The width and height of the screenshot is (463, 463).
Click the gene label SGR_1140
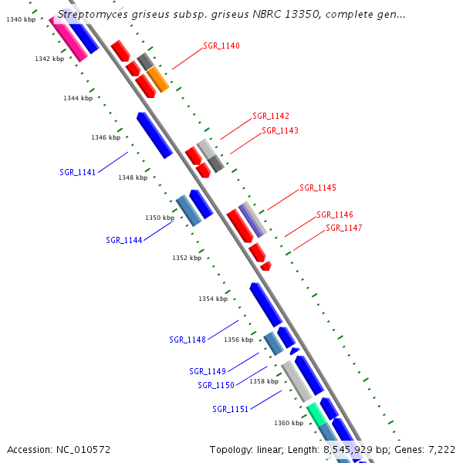pyautogui.click(x=221, y=46)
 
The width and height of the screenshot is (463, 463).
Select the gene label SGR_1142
pyautogui.click(x=271, y=116)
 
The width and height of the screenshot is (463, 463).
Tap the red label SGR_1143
pyautogui.click(x=280, y=130)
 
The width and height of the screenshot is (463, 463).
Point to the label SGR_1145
pyautogui.click(x=318, y=188)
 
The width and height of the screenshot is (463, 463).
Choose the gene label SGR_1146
pyautogui.click(x=335, y=215)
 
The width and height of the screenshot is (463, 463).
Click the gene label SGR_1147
pyautogui.click(x=344, y=228)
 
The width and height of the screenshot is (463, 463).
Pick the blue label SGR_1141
pyautogui.click(x=78, y=172)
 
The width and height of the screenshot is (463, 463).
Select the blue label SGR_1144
pyautogui.click(x=124, y=240)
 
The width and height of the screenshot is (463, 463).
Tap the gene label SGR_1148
pyautogui.click(x=188, y=340)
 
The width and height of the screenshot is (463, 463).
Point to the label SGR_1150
pyautogui.click(x=216, y=385)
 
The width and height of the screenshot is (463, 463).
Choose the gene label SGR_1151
pyautogui.click(x=231, y=409)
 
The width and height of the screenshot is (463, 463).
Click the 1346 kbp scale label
pyautogui.click(x=106, y=137)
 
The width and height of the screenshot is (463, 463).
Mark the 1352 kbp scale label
pyautogui.click(x=187, y=258)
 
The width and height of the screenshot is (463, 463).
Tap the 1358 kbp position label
pyautogui.click(x=264, y=381)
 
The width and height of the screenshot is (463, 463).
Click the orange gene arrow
pyautogui.click(x=158, y=78)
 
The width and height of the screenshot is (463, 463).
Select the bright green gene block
pyautogui.click(x=315, y=414)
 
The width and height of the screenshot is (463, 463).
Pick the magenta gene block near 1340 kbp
pyautogui.click(x=68, y=37)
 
